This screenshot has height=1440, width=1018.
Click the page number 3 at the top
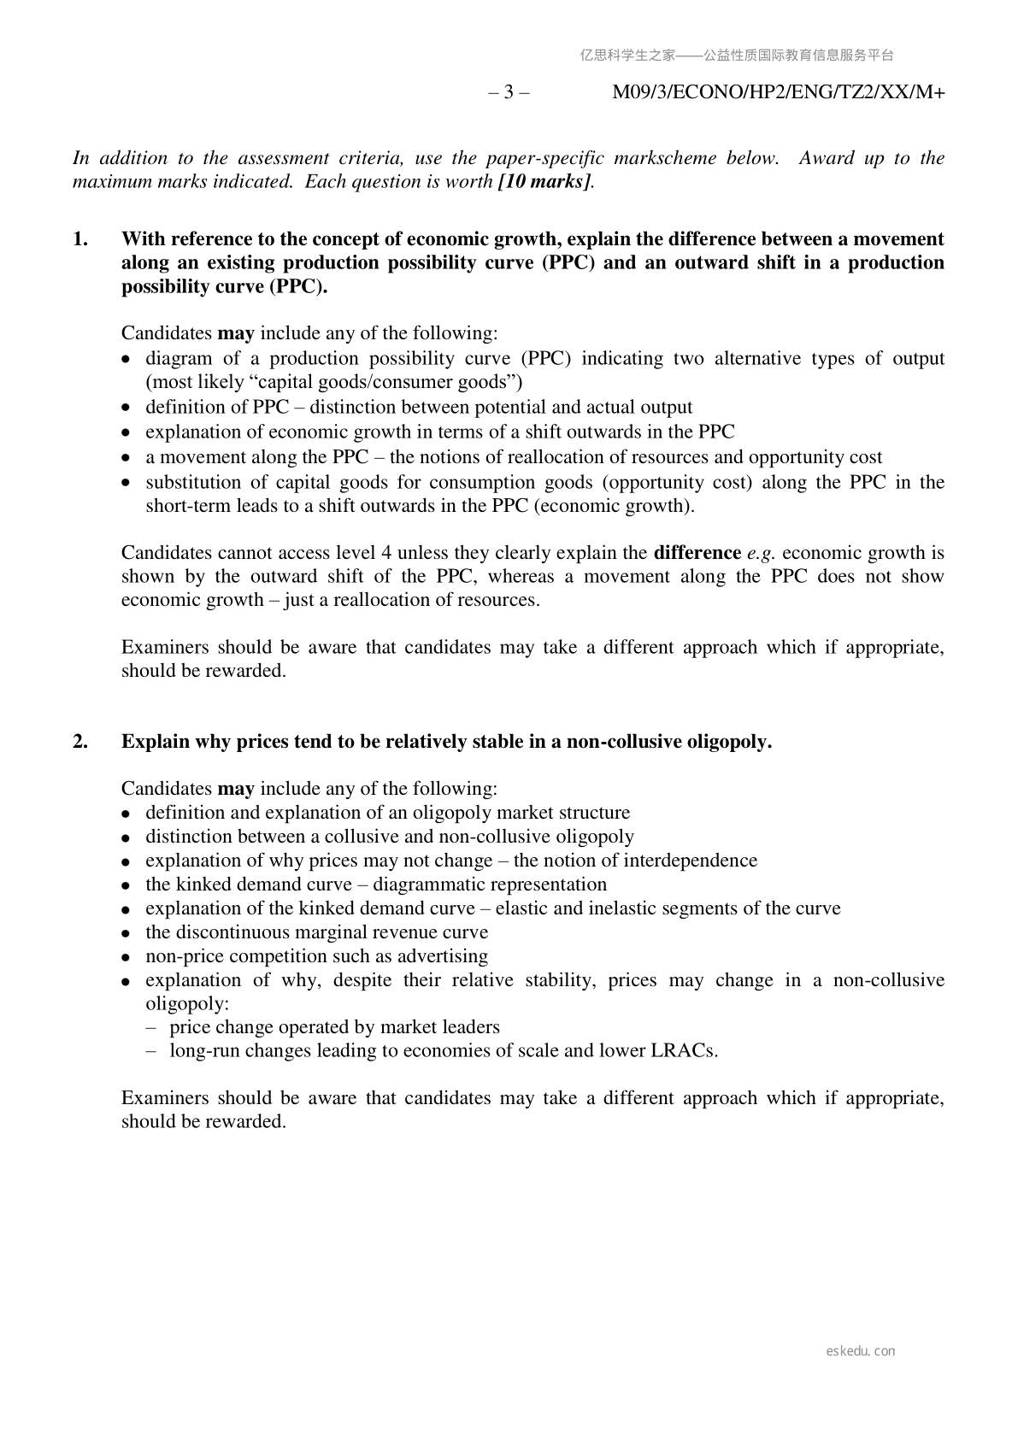(x=509, y=92)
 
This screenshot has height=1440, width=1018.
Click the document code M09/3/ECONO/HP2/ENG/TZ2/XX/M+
(x=778, y=92)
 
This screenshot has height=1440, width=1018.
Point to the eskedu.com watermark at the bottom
(x=861, y=1351)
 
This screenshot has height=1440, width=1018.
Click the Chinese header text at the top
(x=737, y=56)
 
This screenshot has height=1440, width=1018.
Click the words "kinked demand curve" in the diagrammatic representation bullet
(x=271, y=884)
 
